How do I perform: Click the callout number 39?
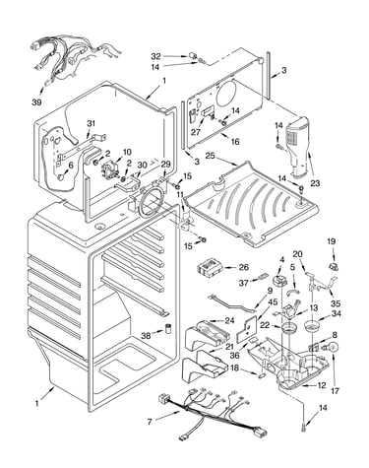pyautogui.click(x=36, y=102)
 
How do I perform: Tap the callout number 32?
pyautogui.click(x=155, y=56)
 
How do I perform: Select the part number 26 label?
pyautogui.click(x=244, y=267)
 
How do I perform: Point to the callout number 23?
pyautogui.click(x=315, y=183)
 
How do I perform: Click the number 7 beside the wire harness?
pyautogui.click(x=150, y=422)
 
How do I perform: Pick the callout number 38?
pyautogui.click(x=147, y=336)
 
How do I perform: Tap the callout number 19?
pyautogui.click(x=332, y=241)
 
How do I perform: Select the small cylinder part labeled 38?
pyautogui.click(x=168, y=329)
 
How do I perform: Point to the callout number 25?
pyautogui.click(x=210, y=155)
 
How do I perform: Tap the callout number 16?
pyautogui.click(x=235, y=142)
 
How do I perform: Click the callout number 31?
pyautogui.click(x=91, y=124)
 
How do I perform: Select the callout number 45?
pyautogui.click(x=273, y=301)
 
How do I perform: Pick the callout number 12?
pyautogui.click(x=322, y=385)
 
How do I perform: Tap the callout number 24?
pyautogui.click(x=229, y=320)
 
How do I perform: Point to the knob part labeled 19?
pyautogui.click(x=334, y=267)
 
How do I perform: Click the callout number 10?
pyautogui.click(x=127, y=152)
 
